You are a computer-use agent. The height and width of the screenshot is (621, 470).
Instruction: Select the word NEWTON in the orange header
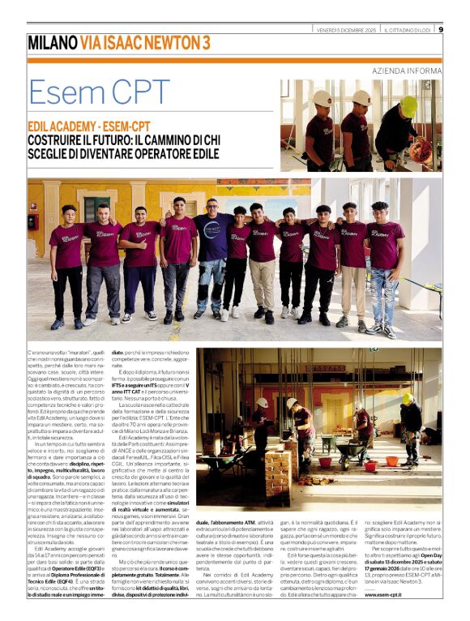click(167, 42)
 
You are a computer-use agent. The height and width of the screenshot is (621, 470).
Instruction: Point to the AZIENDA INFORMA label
click(407, 71)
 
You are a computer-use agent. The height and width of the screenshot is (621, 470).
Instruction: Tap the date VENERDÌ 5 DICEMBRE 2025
click(345, 29)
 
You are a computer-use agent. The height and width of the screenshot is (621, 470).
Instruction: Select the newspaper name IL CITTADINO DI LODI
click(410, 29)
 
